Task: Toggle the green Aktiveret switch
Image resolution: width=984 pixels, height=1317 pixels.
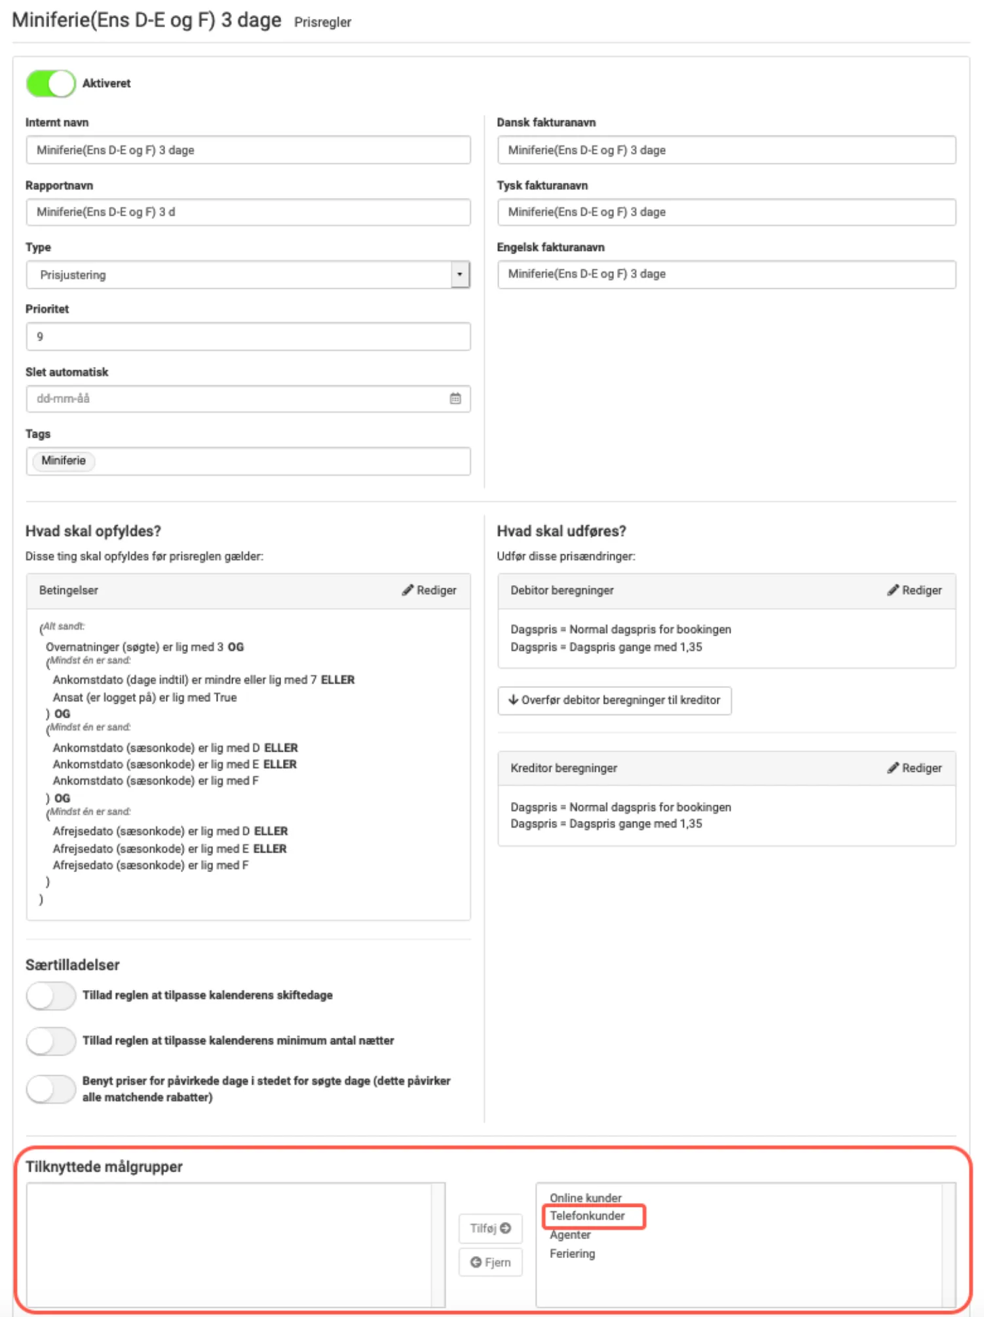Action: pos(50,84)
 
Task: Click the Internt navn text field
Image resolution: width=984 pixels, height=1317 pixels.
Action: pos(248,150)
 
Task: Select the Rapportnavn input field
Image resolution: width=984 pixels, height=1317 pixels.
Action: pos(248,212)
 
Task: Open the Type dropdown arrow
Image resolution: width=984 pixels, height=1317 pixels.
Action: pos(460,275)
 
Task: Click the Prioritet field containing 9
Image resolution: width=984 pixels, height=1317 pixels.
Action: pos(248,337)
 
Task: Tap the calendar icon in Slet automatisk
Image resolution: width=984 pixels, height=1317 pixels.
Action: pos(455,398)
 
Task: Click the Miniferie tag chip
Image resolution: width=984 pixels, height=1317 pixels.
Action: pos(64,461)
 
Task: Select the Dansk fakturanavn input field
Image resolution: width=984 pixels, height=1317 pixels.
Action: pos(726,150)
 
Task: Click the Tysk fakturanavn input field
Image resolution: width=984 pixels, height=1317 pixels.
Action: pos(726,212)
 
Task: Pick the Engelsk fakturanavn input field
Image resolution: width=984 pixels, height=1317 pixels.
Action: pos(726,275)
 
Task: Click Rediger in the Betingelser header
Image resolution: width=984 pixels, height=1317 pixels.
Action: pos(429,590)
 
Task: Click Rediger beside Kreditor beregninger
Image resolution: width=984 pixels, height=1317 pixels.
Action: pos(915,768)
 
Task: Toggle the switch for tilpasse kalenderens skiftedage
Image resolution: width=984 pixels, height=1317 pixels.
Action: pos(50,996)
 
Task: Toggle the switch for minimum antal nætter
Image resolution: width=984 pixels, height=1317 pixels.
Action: pos(50,1041)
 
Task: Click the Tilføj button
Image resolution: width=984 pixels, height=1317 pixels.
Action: pos(490,1229)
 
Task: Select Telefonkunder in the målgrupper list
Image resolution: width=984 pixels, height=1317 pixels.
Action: pos(587,1216)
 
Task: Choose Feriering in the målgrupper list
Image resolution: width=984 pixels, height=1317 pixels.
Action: pos(572,1254)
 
